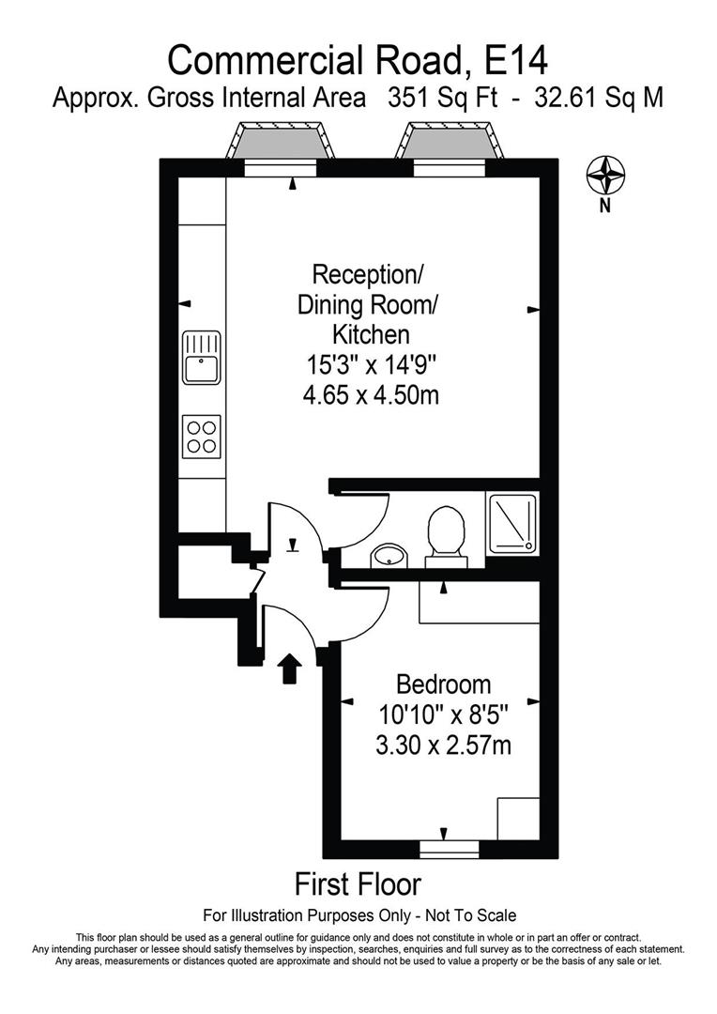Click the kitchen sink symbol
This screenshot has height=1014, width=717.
202,357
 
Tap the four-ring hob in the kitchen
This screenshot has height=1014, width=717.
202,436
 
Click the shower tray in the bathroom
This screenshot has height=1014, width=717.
512,522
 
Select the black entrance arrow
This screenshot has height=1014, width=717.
290,668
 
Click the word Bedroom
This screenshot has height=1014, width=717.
443,684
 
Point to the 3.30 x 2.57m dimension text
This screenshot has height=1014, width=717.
443,746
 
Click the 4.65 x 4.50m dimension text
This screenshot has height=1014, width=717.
371,395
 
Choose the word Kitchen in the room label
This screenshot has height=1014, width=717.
371,334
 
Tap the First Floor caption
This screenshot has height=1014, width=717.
358,884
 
